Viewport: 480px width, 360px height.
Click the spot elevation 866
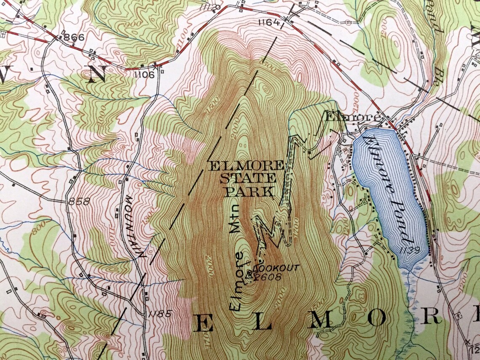coord(75,37)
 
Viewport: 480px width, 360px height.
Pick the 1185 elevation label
coord(160,314)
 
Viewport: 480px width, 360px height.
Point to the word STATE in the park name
coord(247,179)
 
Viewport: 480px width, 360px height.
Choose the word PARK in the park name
coord(248,192)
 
